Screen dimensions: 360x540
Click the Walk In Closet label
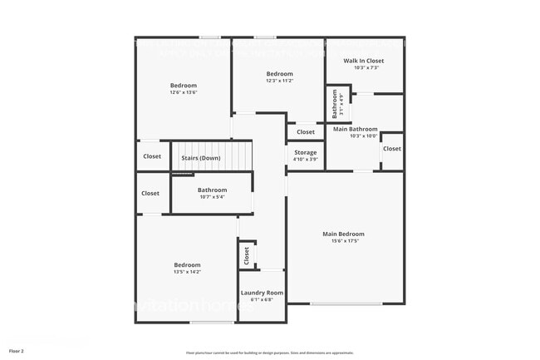tap(363, 61)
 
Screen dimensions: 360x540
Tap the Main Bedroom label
tap(343, 234)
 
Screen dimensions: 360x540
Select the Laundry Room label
tap(262, 293)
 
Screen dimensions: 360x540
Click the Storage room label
tap(305, 153)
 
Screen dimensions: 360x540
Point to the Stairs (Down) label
tap(200, 158)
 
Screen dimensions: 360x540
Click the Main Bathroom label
tap(356, 129)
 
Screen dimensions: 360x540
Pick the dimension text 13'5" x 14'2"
tap(187, 272)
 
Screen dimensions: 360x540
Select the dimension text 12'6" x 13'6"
tap(184, 92)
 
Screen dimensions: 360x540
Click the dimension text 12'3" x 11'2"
tap(279, 81)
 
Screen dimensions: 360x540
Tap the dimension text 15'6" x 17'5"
tap(343, 241)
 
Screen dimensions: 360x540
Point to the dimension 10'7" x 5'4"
tap(212, 197)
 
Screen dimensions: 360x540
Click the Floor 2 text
tap(17, 352)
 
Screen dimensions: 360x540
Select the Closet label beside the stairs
tap(152, 156)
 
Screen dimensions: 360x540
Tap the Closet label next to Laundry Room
tap(247, 256)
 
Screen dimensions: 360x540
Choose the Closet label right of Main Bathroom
tap(391, 149)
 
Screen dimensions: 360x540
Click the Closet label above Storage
tap(306, 132)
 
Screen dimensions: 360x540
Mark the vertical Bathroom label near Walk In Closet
tap(336, 104)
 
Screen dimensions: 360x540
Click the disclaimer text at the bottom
tap(270, 353)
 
